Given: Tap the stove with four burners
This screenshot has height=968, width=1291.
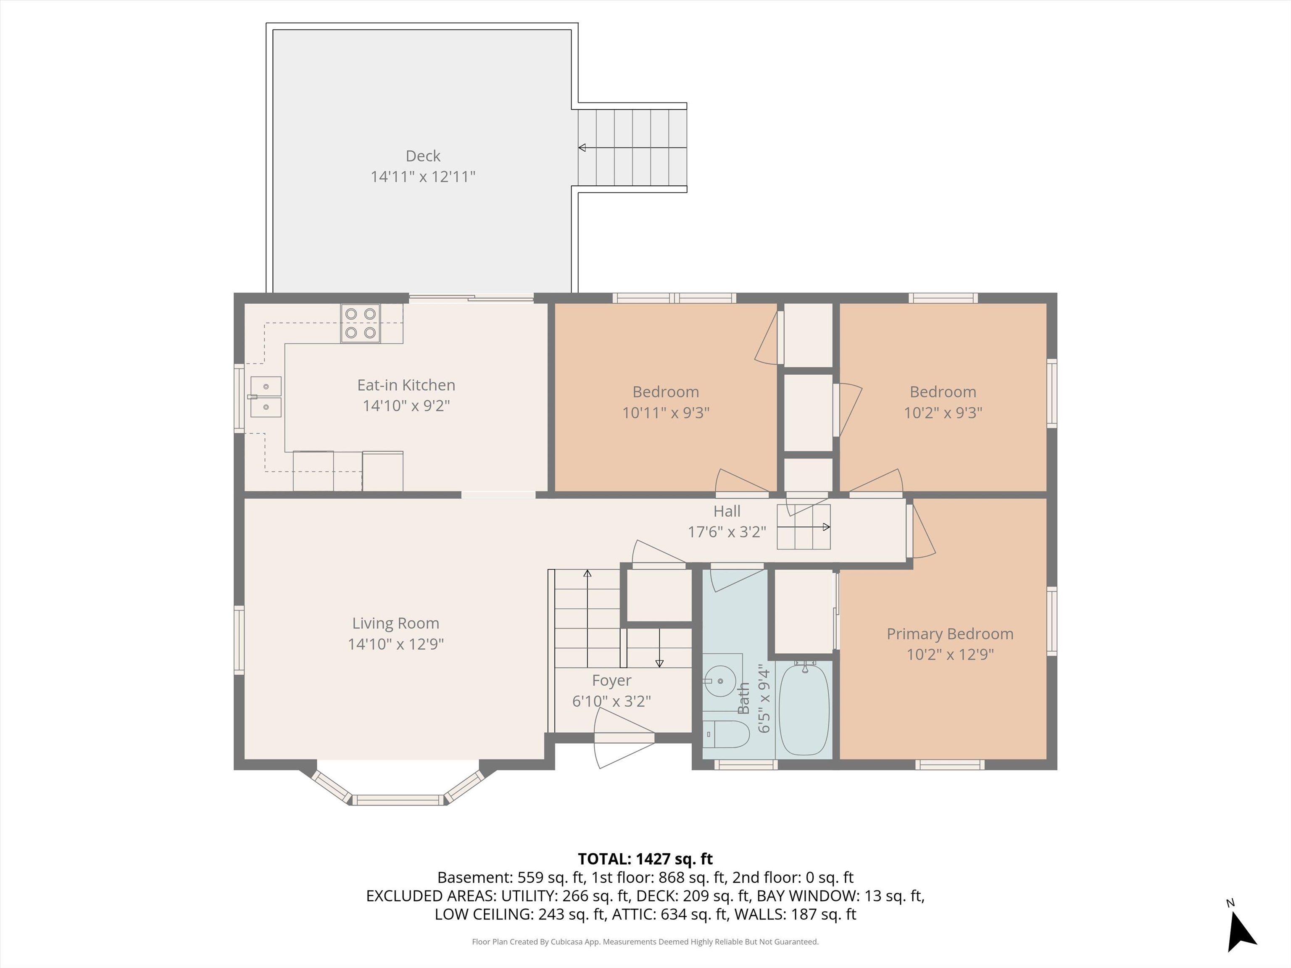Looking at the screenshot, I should click(x=360, y=323).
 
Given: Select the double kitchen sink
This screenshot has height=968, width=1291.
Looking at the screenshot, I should click(x=266, y=397).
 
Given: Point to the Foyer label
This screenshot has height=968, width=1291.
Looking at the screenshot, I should click(x=611, y=680).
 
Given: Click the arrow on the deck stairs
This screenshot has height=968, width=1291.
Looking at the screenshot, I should click(x=582, y=147).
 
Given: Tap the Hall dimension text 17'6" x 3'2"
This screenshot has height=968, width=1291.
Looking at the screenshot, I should click(x=727, y=531).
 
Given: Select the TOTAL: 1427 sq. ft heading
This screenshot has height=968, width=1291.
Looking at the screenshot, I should click(x=645, y=859).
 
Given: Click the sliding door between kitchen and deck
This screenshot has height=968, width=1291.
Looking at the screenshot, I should click(x=471, y=299).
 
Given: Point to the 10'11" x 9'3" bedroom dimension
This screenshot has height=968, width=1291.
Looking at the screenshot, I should click(x=665, y=413).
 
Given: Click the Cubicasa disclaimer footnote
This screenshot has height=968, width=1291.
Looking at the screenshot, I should click(x=645, y=942).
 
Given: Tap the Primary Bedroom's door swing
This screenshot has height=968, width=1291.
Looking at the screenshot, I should click(x=922, y=531).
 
